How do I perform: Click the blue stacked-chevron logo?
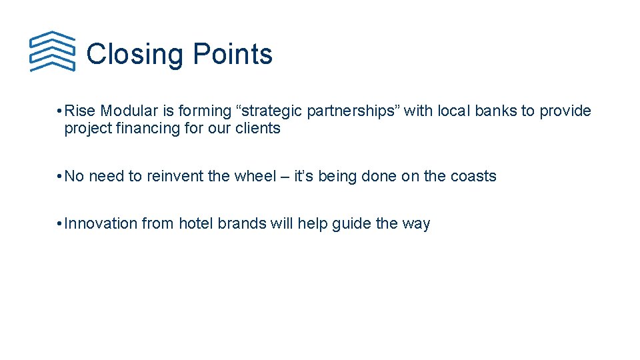53,51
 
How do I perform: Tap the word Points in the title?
232,54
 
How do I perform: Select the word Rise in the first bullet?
80,111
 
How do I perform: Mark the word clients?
258,128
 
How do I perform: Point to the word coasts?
473,176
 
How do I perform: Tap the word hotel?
195,223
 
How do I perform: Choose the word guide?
351,224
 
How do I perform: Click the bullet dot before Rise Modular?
60,111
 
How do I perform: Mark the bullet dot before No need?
60,177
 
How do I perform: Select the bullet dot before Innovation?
60,224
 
